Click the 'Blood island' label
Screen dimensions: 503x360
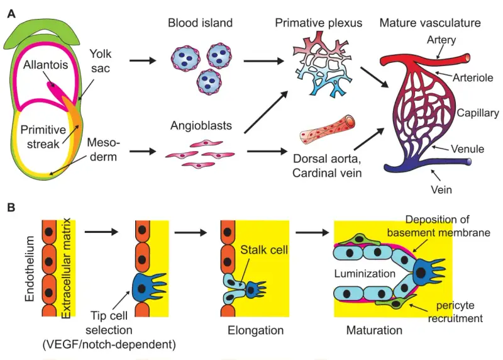click(200, 23)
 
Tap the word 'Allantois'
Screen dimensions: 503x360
click(45, 65)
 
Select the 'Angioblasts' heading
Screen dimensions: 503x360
click(201, 125)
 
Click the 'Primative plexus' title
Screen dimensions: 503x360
click(319, 23)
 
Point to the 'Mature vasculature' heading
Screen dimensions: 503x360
click(430, 23)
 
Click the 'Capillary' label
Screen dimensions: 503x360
click(478, 113)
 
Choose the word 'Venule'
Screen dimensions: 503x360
click(467, 149)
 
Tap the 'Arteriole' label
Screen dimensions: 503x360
click(473, 77)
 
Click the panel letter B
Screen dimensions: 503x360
click(11, 208)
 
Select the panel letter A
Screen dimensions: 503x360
click(11, 14)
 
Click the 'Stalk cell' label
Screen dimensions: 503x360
click(264, 250)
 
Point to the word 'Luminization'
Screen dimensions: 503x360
click(365, 274)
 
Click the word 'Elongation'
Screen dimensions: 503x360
click(256, 330)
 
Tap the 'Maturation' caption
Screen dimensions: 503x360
click(374, 330)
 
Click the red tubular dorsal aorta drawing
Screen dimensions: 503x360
click(327, 130)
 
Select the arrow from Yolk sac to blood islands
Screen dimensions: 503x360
click(143, 60)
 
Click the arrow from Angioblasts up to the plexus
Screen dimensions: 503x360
click(266, 112)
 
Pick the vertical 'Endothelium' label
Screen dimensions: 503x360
click(30, 269)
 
